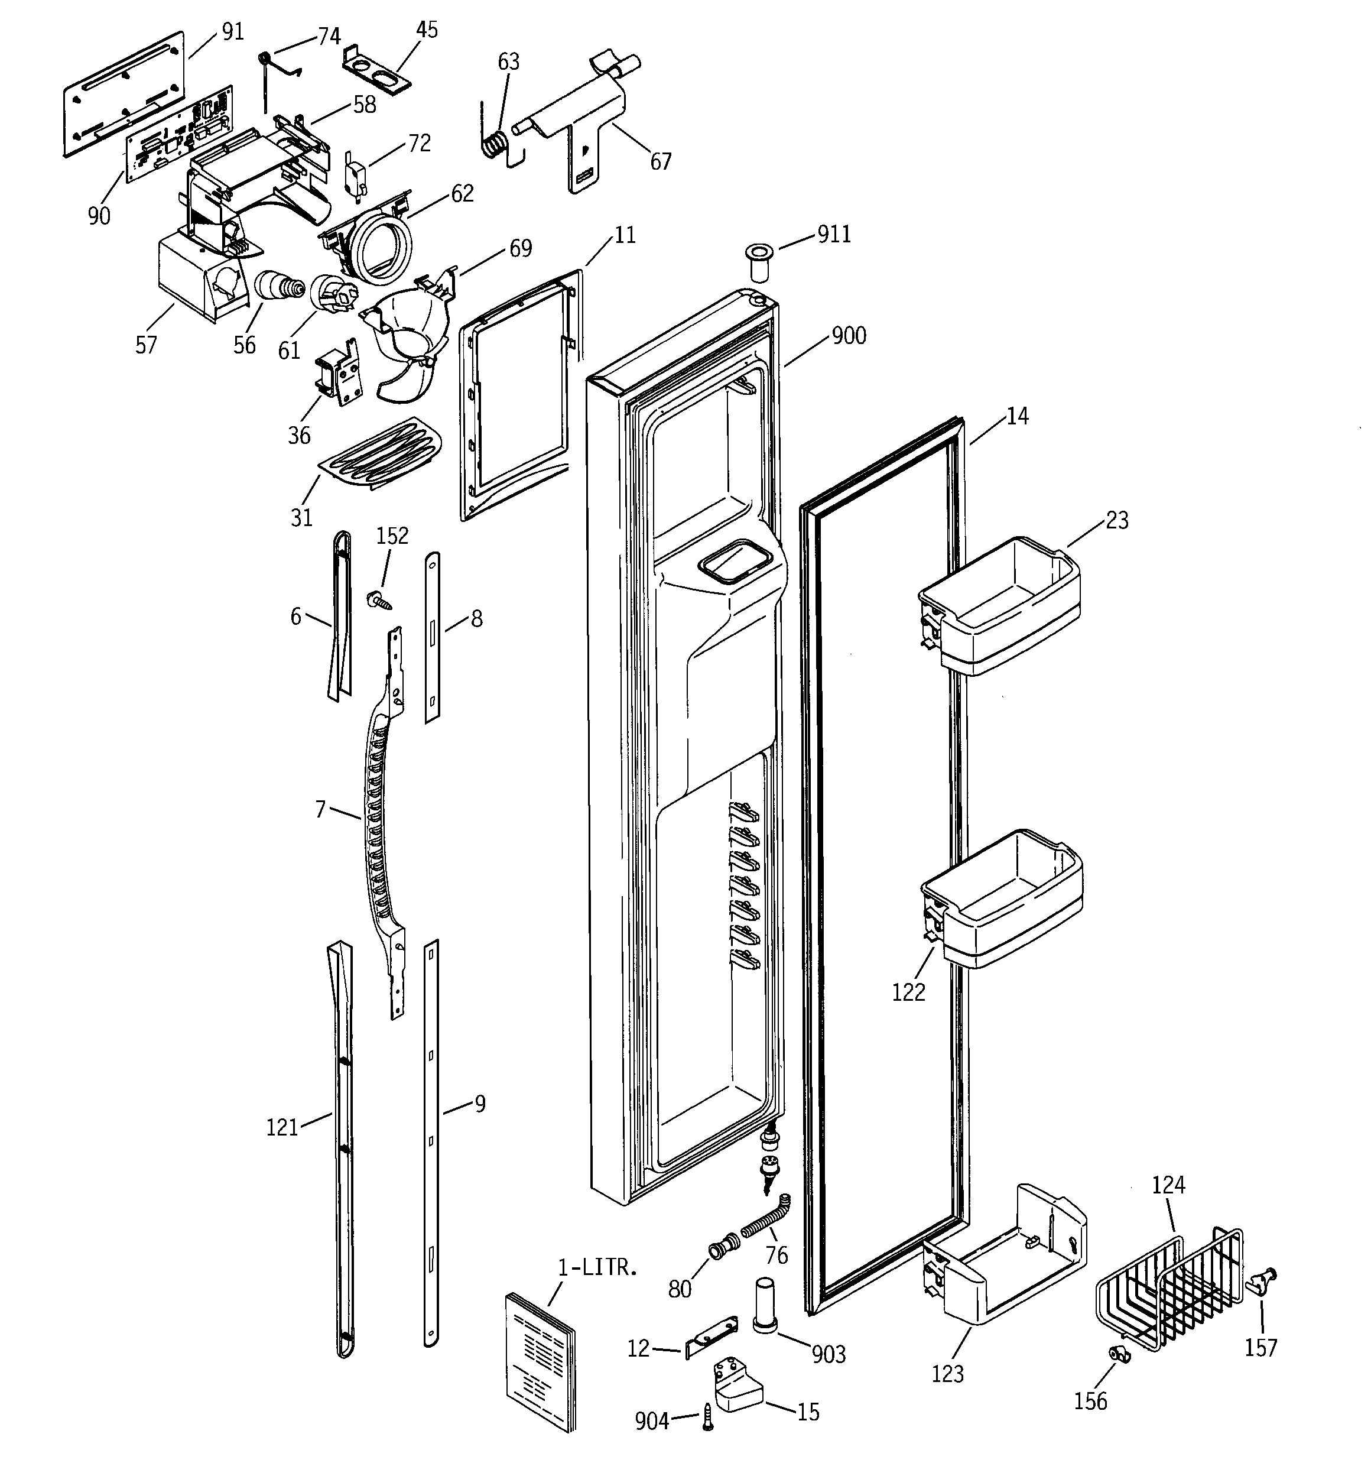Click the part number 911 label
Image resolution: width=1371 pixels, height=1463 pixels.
[x=834, y=234]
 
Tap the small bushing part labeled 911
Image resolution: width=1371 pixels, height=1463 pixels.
[x=758, y=259]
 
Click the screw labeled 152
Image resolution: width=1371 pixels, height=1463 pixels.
[x=379, y=600]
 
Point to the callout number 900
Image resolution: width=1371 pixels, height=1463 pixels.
[x=849, y=336]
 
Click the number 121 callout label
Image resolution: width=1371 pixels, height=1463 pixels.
[x=282, y=1127]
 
